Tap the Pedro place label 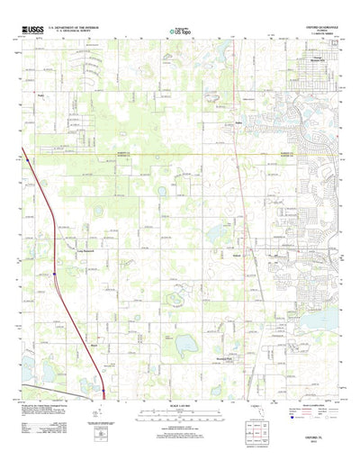coord(41,94)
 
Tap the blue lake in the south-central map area coord(186,343)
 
